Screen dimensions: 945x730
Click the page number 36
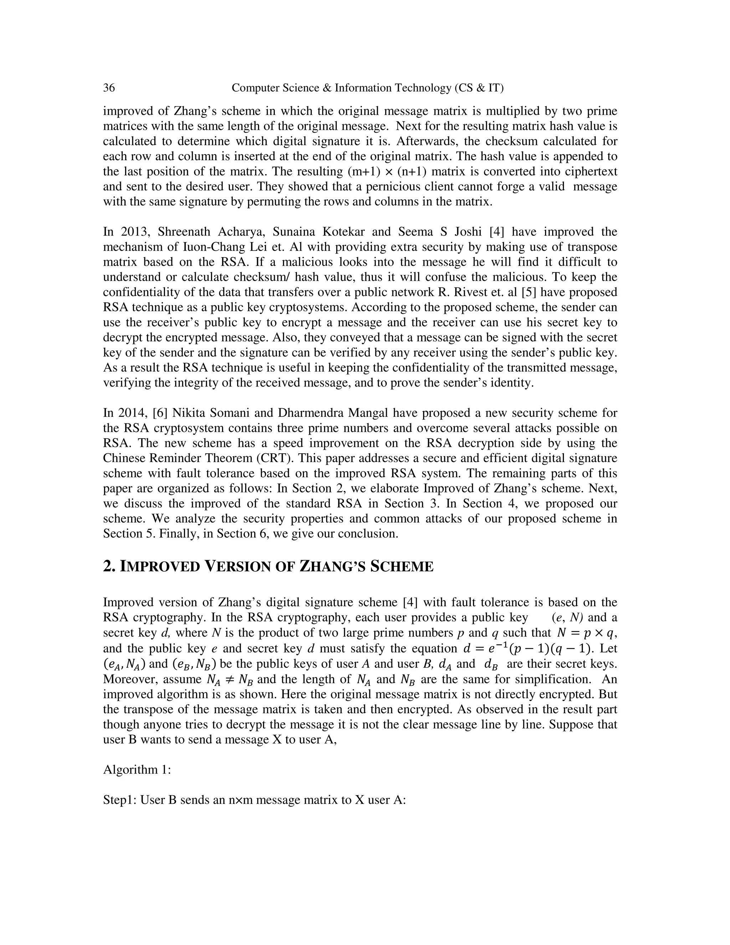(x=109, y=88)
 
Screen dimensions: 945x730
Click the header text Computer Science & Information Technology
(x=341, y=88)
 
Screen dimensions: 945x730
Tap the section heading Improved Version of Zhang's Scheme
(x=268, y=566)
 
